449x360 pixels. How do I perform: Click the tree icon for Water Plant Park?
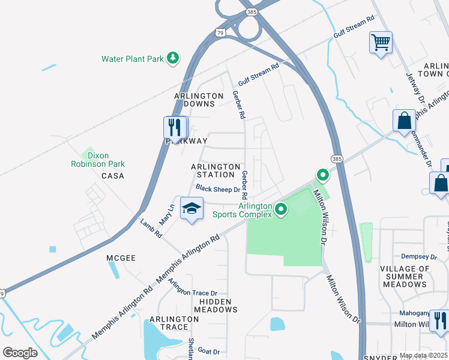(173, 58)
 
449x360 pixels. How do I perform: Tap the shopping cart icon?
(381, 43)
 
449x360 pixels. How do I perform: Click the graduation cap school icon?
(191, 208)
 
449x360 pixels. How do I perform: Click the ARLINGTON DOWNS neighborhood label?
(194, 100)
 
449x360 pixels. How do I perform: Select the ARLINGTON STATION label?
(212, 170)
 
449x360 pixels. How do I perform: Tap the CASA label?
(112, 176)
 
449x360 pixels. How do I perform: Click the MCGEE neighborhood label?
(121, 258)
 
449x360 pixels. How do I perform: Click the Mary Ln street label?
(166, 214)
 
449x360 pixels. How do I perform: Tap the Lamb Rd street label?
(151, 229)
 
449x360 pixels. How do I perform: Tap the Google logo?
(20, 352)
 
